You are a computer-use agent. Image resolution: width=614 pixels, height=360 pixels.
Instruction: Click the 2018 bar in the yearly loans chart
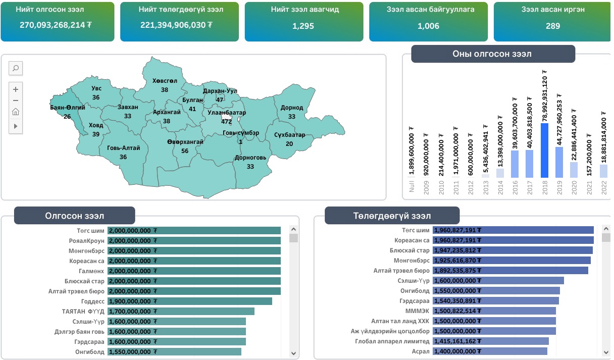click(544, 150)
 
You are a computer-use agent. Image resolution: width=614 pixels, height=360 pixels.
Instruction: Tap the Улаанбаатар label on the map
click(226, 113)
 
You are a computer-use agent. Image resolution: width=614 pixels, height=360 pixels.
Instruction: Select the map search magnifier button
click(16, 68)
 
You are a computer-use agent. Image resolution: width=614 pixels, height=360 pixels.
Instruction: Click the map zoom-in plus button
click(16, 89)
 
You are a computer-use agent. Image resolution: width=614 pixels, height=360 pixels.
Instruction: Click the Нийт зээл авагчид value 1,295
click(303, 26)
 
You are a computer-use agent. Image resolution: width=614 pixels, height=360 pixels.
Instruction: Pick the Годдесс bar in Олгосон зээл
click(190, 301)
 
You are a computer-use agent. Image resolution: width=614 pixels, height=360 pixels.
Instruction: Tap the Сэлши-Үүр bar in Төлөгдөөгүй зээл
click(498, 281)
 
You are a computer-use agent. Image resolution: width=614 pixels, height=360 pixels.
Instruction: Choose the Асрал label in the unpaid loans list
click(421, 351)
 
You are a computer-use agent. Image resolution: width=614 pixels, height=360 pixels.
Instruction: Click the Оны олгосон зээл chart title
click(492, 54)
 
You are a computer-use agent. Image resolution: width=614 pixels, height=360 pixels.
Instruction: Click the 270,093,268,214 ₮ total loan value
click(56, 25)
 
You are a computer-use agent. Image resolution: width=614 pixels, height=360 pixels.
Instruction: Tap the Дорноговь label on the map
click(250, 158)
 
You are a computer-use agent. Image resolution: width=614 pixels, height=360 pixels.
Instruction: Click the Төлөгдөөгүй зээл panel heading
click(392, 216)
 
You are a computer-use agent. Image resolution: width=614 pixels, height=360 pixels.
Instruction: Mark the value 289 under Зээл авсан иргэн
click(552, 26)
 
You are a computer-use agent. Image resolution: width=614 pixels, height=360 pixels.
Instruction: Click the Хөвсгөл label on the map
click(165, 81)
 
